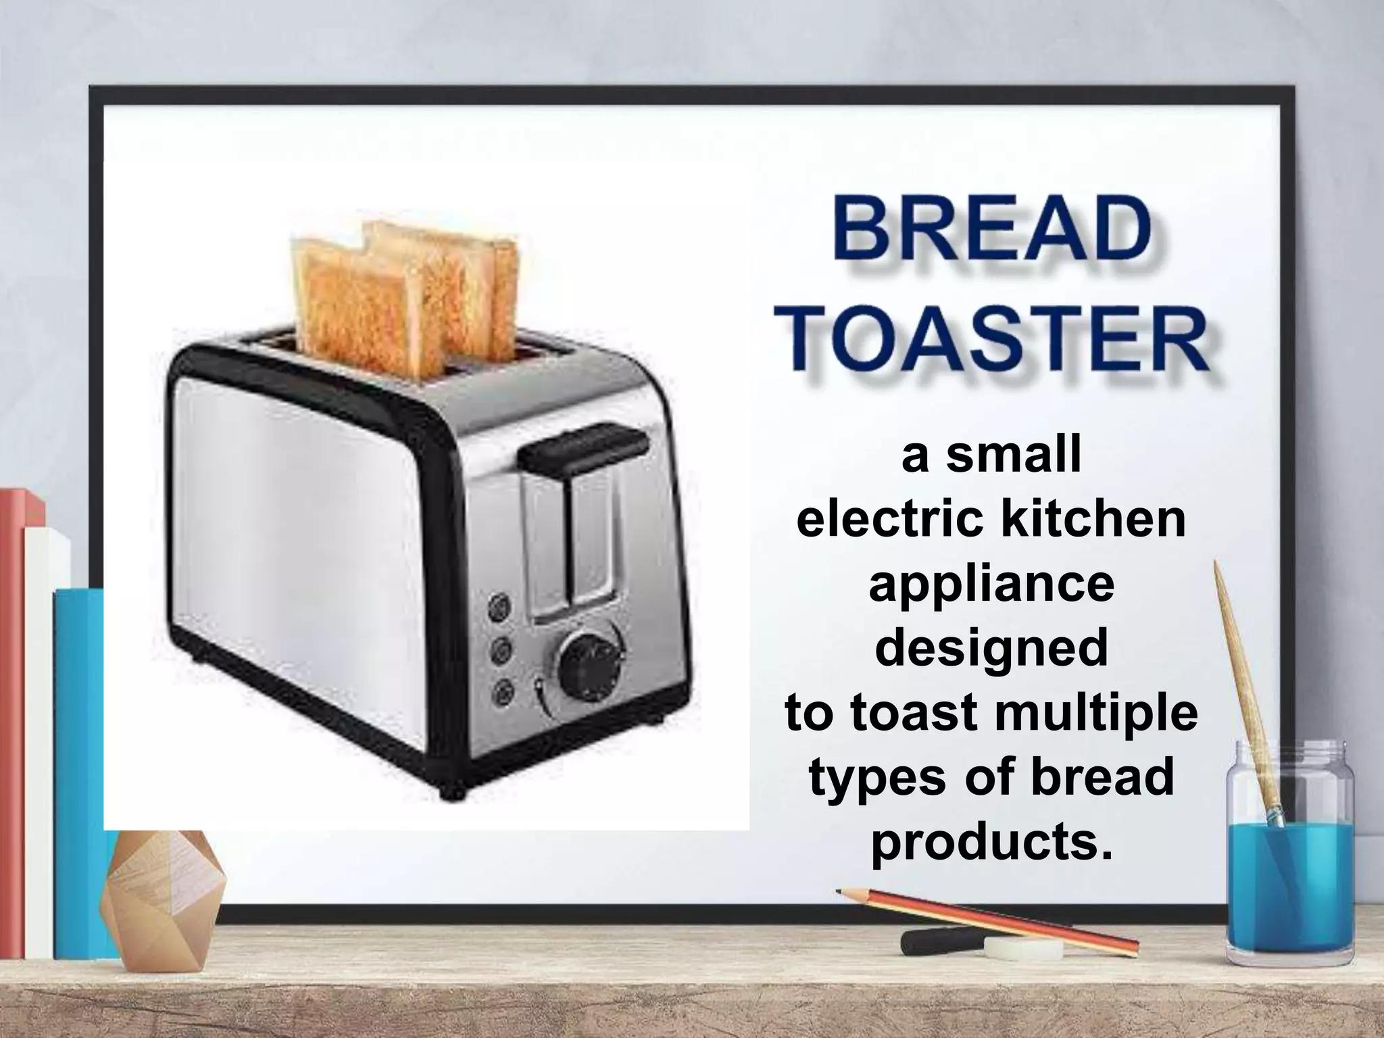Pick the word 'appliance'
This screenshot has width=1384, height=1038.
[x=991, y=585]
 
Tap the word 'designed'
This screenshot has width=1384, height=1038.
[x=991, y=649]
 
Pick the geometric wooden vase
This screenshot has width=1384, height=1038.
[x=162, y=902]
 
